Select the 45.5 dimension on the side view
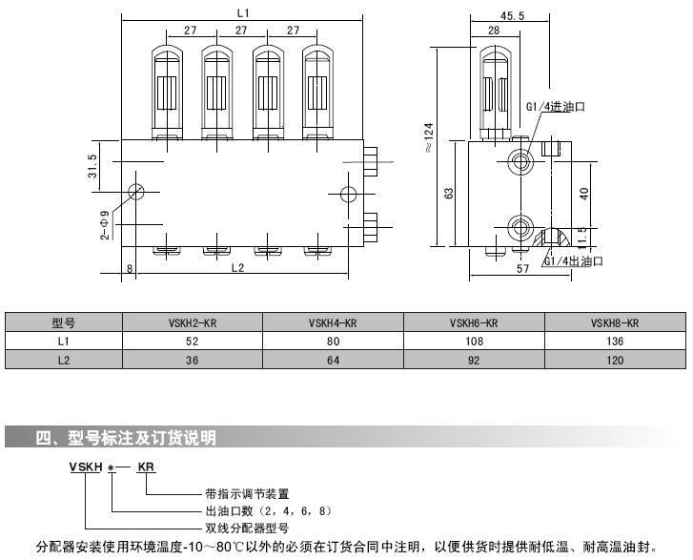click(511, 15)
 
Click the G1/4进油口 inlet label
click(556, 106)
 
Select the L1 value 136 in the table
click(615, 341)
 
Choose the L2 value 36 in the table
click(193, 360)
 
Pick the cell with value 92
click(474, 360)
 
